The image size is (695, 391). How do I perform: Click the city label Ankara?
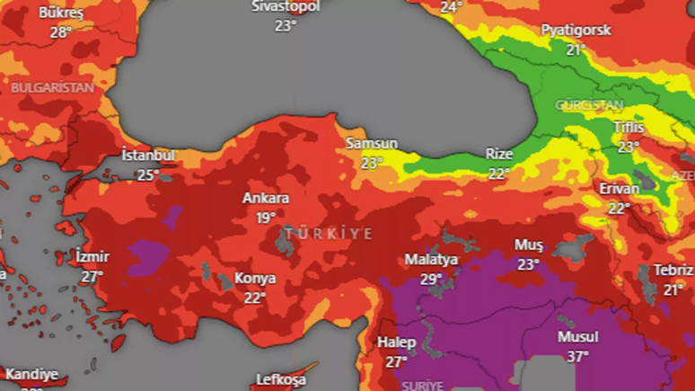[266, 198]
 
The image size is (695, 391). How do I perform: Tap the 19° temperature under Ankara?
[266, 218]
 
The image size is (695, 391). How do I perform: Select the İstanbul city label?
[148, 156]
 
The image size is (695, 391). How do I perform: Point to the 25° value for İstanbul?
[148, 175]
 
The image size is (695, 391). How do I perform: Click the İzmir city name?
[92, 256]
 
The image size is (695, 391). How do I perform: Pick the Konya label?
[255, 278]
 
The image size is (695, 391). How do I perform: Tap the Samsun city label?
[372, 144]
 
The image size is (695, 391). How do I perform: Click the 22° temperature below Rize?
[498, 173]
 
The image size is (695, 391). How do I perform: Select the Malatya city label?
[431, 259]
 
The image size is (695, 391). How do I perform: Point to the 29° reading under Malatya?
[431, 279]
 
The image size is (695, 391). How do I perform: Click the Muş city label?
[528, 244]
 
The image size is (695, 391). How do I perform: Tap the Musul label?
[578, 337]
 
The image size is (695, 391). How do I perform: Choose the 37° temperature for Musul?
[578, 357]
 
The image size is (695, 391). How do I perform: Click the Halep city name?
[396, 342]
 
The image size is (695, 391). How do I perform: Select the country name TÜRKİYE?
[329, 234]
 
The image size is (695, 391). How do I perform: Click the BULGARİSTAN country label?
[52, 88]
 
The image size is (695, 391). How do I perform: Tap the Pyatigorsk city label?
[576, 30]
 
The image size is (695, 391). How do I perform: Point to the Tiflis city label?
[629, 127]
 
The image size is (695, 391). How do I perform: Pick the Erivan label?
[620, 189]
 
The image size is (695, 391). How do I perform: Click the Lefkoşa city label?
[282, 379]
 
